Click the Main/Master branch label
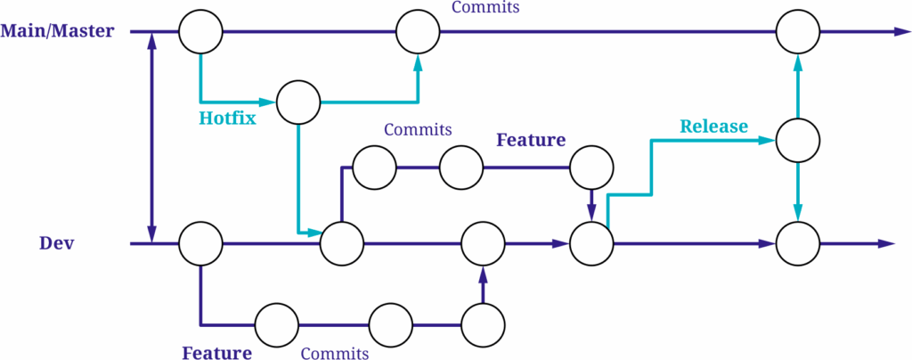pyautogui.click(x=58, y=31)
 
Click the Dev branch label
pyautogui.click(x=56, y=242)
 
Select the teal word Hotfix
pyautogui.click(x=228, y=117)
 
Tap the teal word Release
pyautogui.click(x=713, y=126)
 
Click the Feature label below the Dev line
pyautogui.click(x=216, y=352)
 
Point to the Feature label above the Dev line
pyautogui.click(x=531, y=140)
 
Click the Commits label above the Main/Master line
pyautogui.click(x=485, y=8)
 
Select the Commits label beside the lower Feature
pyautogui.click(x=335, y=353)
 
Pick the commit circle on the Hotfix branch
pyautogui.click(x=298, y=102)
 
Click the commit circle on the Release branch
pyautogui.click(x=798, y=140)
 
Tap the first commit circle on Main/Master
pyautogui.click(x=200, y=32)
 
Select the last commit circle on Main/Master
pyautogui.click(x=798, y=32)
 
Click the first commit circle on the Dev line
pyautogui.click(x=200, y=243)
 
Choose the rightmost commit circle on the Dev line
pyautogui.click(x=798, y=243)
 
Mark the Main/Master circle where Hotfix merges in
pyautogui.click(x=419, y=32)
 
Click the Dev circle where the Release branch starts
pyautogui.click(x=592, y=243)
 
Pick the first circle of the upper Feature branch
pyautogui.click(x=375, y=166)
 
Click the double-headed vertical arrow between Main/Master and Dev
pyautogui.click(x=152, y=138)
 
